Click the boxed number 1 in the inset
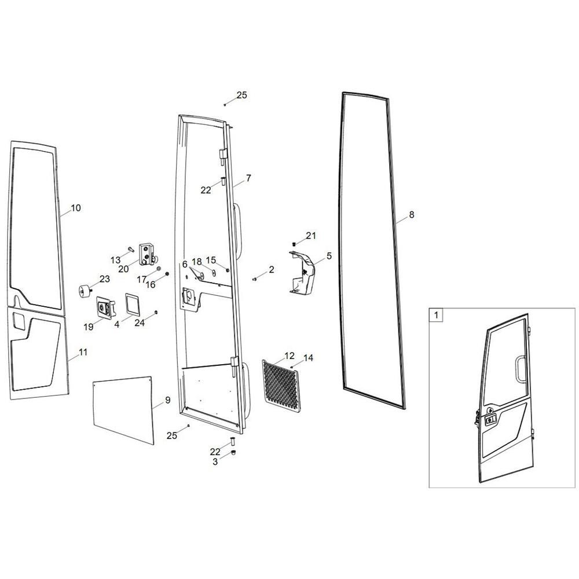(x=436, y=316)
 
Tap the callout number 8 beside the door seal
(x=412, y=215)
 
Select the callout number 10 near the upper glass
(x=76, y=208)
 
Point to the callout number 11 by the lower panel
(x=83, y=352)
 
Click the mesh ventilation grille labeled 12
(x=282, y=386)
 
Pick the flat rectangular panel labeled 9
(x=123, y=410)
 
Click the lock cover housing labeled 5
(x=303, y=273)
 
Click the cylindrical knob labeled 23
(x=85, y=291)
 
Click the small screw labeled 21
(x=294, y=244)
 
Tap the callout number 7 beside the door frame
(x=248, y=178)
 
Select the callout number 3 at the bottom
(x=215, y=462)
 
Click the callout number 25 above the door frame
(x=241, y=96)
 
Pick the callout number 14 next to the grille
(x=309, y=358)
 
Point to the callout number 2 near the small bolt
(x=272, y=270)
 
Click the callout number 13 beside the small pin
(x=116, y=261)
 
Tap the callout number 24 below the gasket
(x=140, y=323)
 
